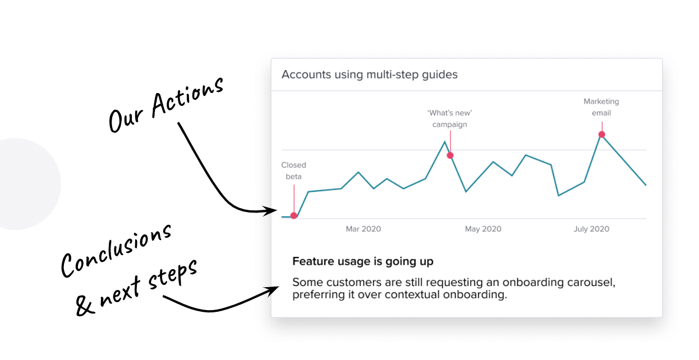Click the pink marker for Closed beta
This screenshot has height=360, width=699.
(x=293, y=215)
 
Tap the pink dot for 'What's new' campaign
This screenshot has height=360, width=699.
(x=450, y=155)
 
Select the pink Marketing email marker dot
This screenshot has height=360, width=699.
(x=602, y=135)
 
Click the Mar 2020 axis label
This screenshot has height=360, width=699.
(x=363, y=229)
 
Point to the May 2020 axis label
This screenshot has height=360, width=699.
(x=483, y=229)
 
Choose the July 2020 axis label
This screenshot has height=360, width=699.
(x=591, y=229)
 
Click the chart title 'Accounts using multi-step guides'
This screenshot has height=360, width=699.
(x=370, y=75)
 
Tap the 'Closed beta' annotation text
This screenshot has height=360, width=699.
(x=293, y=170)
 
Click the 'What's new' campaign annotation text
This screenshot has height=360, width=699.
(x=450, y=118)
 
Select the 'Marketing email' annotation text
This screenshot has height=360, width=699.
(x=601, y=107)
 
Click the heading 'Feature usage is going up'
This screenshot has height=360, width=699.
(x=363, y=261)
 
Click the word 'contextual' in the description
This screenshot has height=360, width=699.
(x=412, y=294)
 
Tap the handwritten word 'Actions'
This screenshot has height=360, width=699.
(x=187, y=97)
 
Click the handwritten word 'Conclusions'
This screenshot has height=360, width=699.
(x=116, y=251)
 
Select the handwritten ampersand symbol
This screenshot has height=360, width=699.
(x=84, y=304)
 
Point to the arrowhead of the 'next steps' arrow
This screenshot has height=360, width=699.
(x=272, y=292)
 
